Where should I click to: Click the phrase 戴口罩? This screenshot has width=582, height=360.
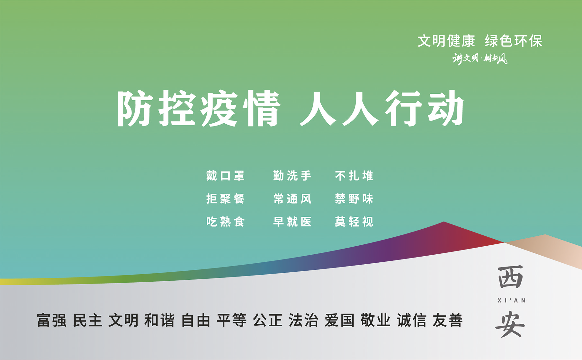click(x=225, y=176)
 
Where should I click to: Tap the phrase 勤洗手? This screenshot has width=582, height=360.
click(x=292, y=176)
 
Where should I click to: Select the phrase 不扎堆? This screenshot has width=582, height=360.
click(x=354, y=176)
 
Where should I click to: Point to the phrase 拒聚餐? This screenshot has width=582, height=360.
click(x=225, y=199)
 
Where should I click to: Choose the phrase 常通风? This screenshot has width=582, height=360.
click(x=292, y=199)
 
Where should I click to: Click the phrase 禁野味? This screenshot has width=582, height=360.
click(x=354, y=199)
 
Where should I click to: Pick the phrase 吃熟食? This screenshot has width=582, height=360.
click(x=225, y=222)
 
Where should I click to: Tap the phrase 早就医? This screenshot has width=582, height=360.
click(x=292, y=222)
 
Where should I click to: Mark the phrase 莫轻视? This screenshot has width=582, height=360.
click(x=354, y=222)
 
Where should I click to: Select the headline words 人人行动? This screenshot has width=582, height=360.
click(x=382, y=109)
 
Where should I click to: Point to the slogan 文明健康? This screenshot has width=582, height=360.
click(x=446, y=41)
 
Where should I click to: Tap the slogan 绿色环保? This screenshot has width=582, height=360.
click(x=514, y=41)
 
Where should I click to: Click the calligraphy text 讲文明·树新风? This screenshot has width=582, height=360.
click(x=480, y=58)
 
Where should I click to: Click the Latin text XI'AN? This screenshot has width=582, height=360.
click(x=511, y=301)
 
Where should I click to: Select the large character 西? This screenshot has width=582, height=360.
click(x=510, y=277)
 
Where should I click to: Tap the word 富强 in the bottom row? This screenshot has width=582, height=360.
click(x=52, y=320)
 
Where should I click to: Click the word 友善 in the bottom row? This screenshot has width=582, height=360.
click(x=448, y=320)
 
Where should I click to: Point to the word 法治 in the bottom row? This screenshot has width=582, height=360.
click(x=304, y=320)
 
